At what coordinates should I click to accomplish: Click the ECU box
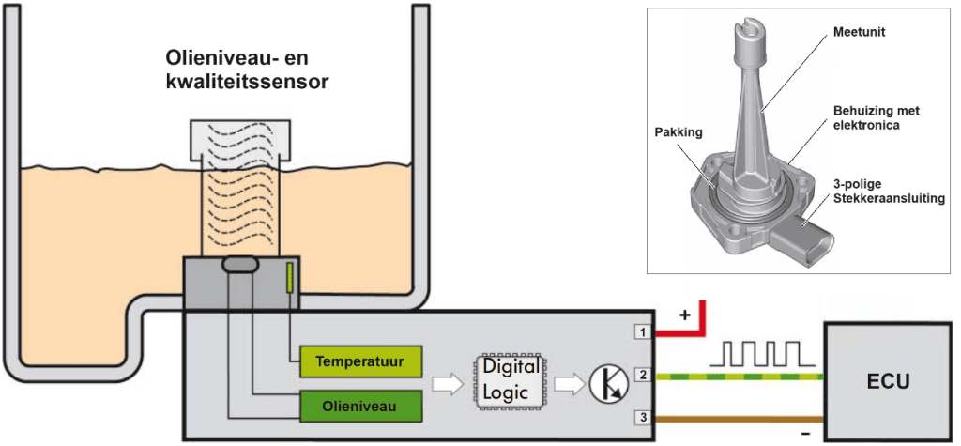pos(886,381)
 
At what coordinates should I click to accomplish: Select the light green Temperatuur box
pos(359,361)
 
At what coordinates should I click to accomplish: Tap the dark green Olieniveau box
pos(359,406)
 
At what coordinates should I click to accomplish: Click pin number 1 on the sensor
pos(642,331)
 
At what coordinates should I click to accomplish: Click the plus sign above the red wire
pos(684,315)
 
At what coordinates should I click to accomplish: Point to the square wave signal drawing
pos(760,353)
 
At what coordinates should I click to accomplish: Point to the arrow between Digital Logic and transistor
pos(568,383)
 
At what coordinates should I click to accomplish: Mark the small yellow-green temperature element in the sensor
pos(290,277)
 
